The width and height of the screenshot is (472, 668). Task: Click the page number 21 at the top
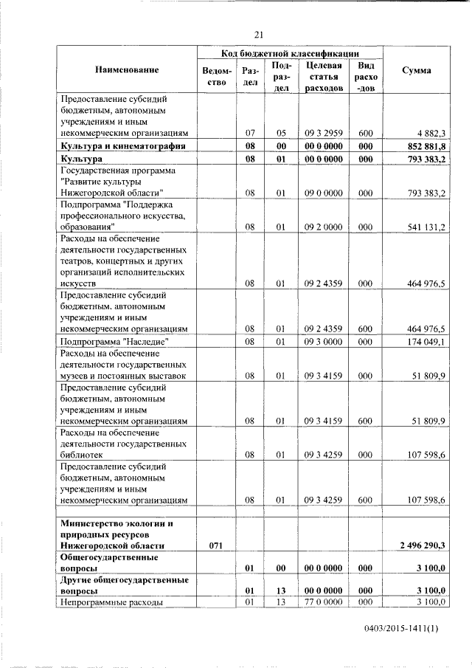point(259,34)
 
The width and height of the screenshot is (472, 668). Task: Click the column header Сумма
point(417,70)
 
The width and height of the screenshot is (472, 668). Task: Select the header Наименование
point(127,70)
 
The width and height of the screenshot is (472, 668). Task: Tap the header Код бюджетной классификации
point(291,53)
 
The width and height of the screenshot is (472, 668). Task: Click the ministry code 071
point(216,545)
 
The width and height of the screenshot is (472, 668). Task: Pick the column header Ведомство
point(216,77)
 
